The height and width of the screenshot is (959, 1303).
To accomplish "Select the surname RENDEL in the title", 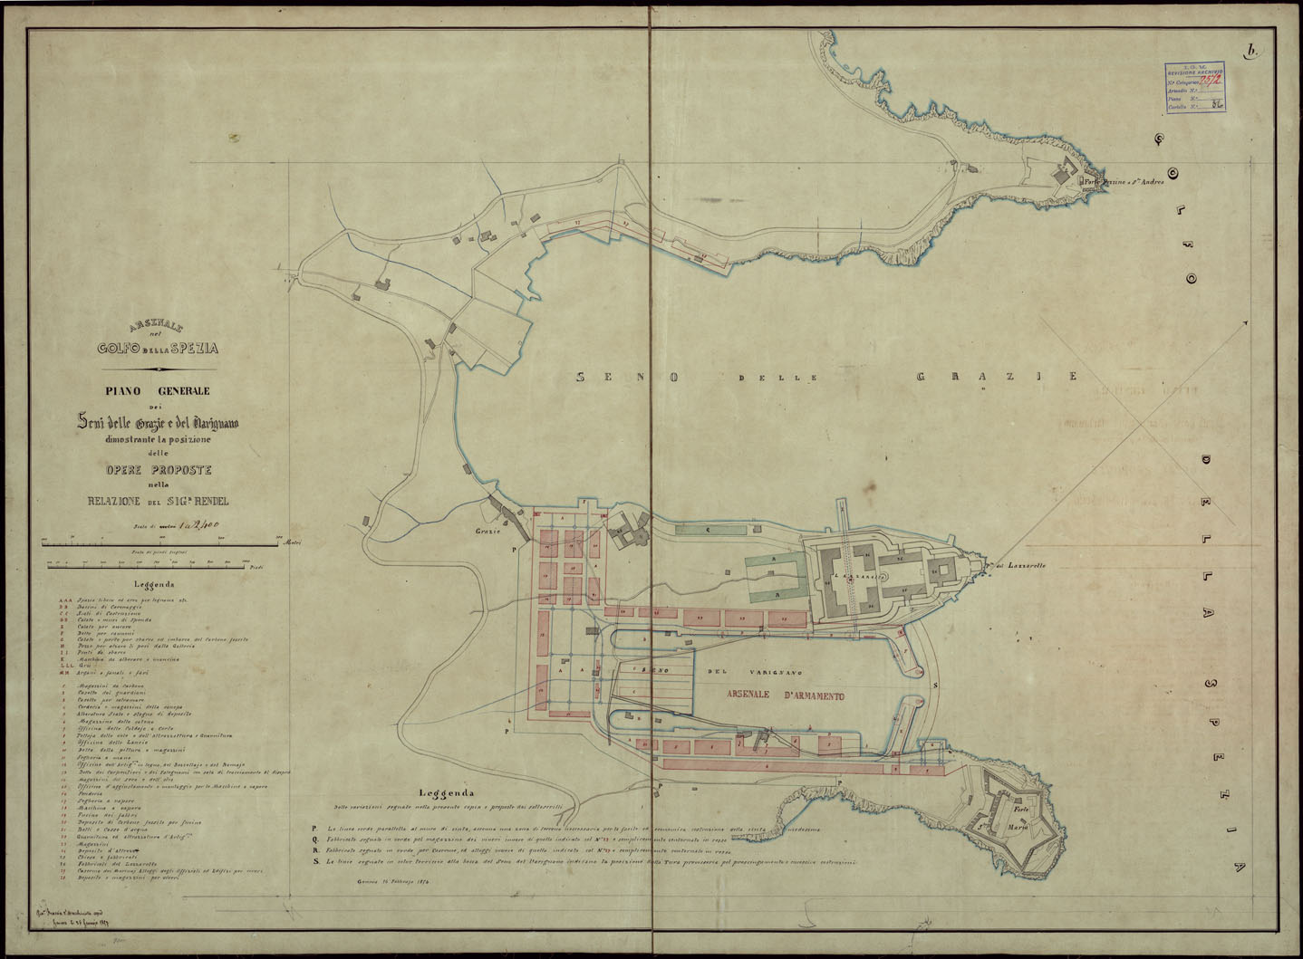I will (205, 501).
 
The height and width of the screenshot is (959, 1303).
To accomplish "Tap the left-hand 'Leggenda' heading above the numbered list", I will (154, 585).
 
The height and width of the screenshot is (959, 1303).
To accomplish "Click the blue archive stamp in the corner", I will (1194, 88).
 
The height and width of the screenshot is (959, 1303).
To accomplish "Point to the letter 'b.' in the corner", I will (1252, 52).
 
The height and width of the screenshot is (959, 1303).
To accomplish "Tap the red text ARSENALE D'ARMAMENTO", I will (786, 696).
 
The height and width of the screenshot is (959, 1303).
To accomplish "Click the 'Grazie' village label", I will (487, 531).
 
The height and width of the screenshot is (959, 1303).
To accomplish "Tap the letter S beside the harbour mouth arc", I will (935, 685).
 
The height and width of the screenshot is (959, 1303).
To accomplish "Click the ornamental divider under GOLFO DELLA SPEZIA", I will (159, 369).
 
